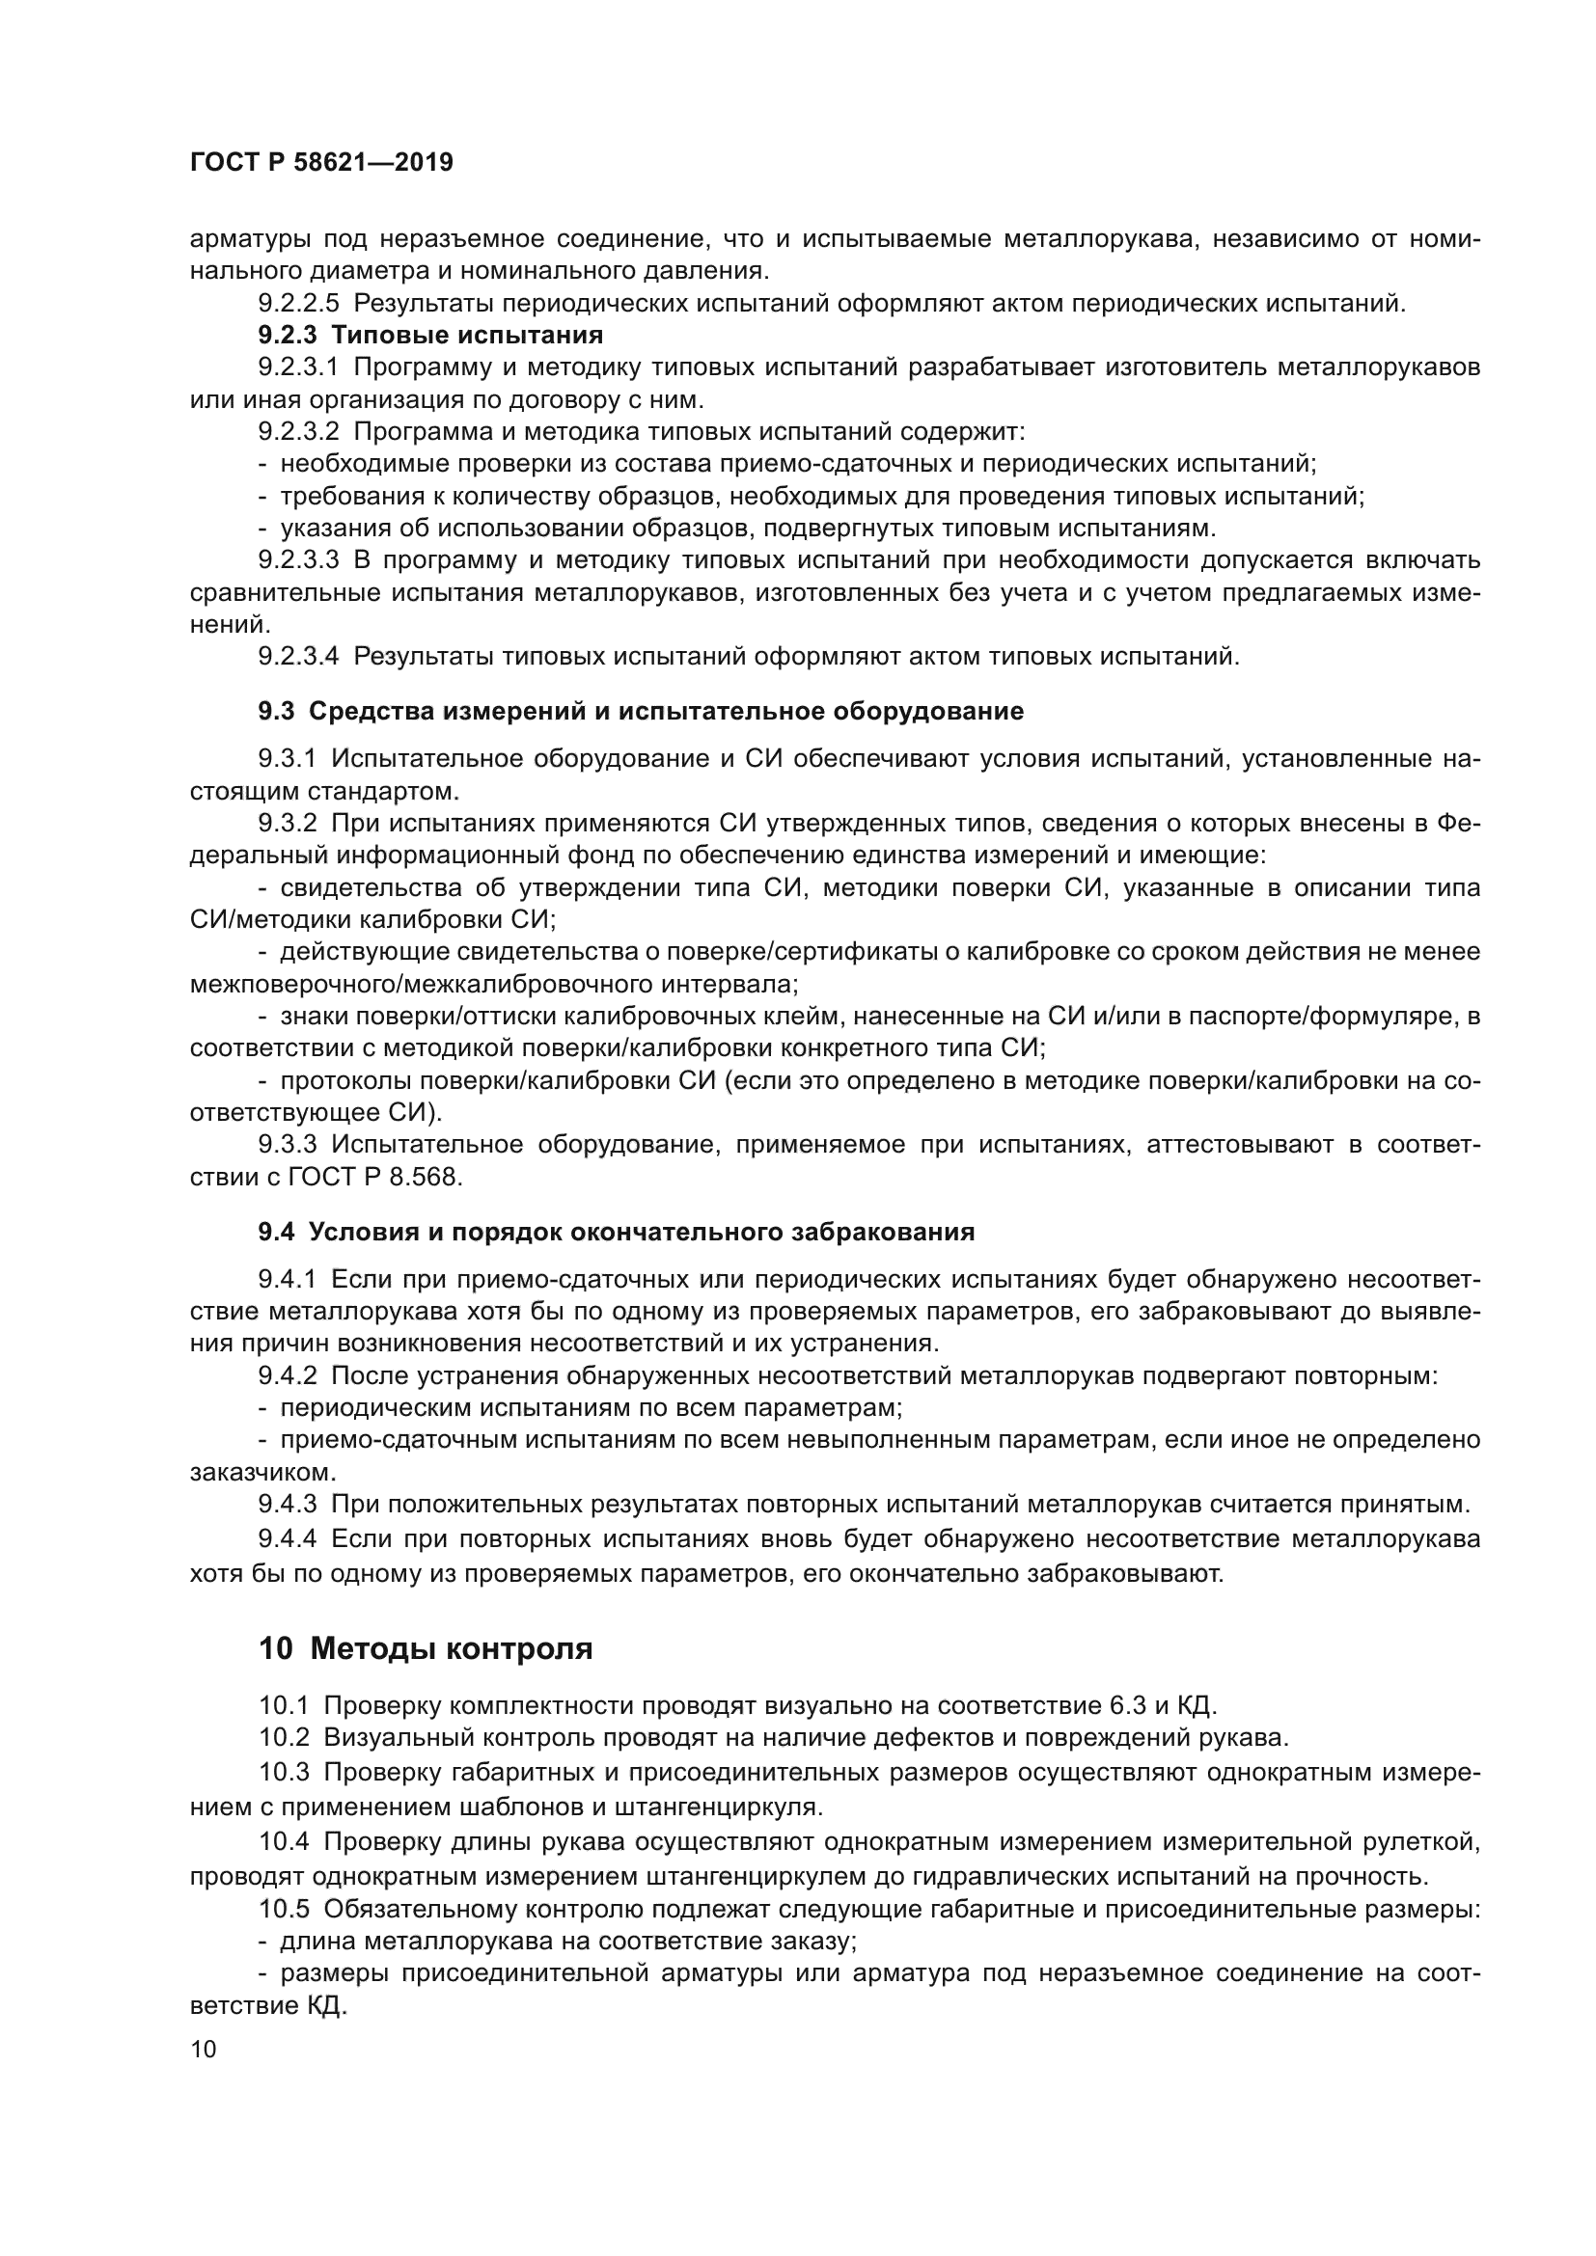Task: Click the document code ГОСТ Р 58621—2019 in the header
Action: tap(321, 162)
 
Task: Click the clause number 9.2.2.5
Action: tap(299, 304)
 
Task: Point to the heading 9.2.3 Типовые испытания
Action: tap(430, 335)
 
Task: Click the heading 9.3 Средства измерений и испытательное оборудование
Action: tap(641, 712)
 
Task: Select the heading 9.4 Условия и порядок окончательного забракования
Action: tap(617, 1232)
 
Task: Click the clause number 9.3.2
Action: tap(288, 823)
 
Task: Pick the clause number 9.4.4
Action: tap(288, 1537)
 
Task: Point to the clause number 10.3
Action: tap(284, 1773)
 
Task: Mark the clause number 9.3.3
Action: tap(288, 1144)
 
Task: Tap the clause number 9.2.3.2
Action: tap(299, 431)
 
